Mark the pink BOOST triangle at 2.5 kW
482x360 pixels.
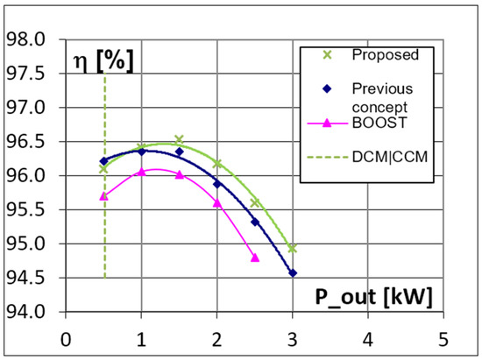click(x=254, y=258)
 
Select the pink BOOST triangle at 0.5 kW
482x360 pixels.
click(x=103, y=196)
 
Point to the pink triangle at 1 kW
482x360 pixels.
click(x=141, y=172)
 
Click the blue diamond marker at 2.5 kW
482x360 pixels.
click(x=254, y=222)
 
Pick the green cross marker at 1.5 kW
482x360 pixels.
click(x=179, y=139)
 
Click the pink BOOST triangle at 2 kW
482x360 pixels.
click(x=216, y=202)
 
